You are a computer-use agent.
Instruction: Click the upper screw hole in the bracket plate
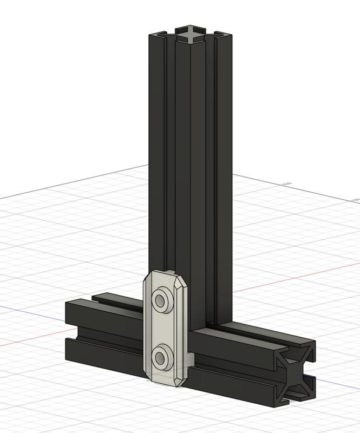[x=161, y=299]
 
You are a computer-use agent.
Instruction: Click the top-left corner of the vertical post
[x=150, y=35]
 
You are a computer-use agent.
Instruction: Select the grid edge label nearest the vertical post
[x=286, y=183]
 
